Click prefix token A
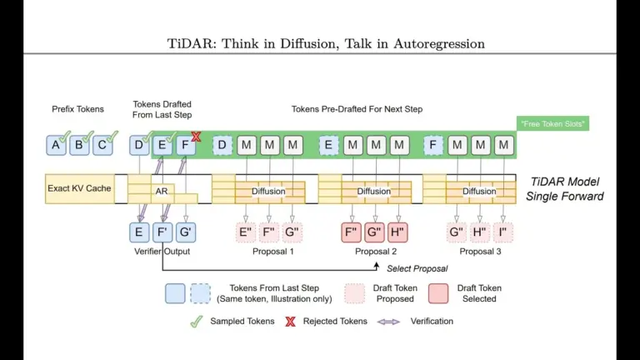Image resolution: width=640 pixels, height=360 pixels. pos(56,145)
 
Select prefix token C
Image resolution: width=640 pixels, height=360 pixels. pos(102,145)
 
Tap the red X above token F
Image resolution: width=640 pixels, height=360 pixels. pos(197,136)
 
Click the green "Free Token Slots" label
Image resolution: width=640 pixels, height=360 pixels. pos(552,123)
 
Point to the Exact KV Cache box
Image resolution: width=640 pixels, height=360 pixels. pos(79,188)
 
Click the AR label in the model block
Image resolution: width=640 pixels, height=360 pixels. pos(162,192)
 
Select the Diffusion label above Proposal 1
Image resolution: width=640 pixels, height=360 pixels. pos(268,192)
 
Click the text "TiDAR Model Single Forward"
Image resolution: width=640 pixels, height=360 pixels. pos(565,189)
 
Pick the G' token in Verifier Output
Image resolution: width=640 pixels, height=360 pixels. pos(186,232)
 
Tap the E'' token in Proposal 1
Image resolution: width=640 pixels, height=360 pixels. pos(246,232)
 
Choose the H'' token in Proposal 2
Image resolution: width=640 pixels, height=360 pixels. pos(397,232)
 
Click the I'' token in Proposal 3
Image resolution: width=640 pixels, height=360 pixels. pos(503,232)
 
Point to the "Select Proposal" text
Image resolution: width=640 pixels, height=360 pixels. pos(417,268)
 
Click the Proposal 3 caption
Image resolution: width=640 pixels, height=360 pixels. pos(479,251)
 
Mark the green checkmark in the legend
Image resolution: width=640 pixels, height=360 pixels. pos(197,321)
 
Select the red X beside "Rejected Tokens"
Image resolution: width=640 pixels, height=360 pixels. pos(290,321)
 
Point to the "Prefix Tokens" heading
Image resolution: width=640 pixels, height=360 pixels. pos(77,109)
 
